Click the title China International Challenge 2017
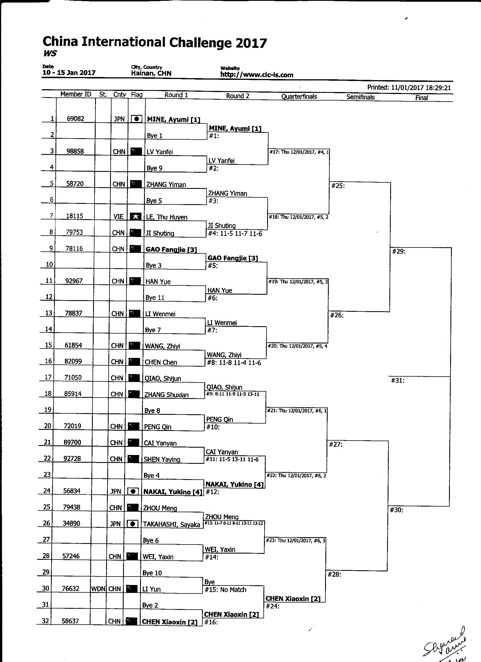coord(154,43)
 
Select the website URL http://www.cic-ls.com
coord(257,75)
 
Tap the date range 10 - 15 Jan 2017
coord(69,73)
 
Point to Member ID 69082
coord(76,119)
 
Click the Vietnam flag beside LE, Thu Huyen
coord(135,217)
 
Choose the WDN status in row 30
coord(98,589)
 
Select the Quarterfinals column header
coord(299,97)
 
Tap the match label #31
coord(398,381)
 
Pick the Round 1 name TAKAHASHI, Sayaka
coord(171,524)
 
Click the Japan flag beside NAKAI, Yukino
coord(133,492)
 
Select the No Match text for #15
coord(233,590)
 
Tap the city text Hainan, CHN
coord(151,73)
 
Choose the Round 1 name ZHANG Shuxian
coord(167,395)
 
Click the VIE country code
coord(119,217)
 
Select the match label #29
coord(399,251)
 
